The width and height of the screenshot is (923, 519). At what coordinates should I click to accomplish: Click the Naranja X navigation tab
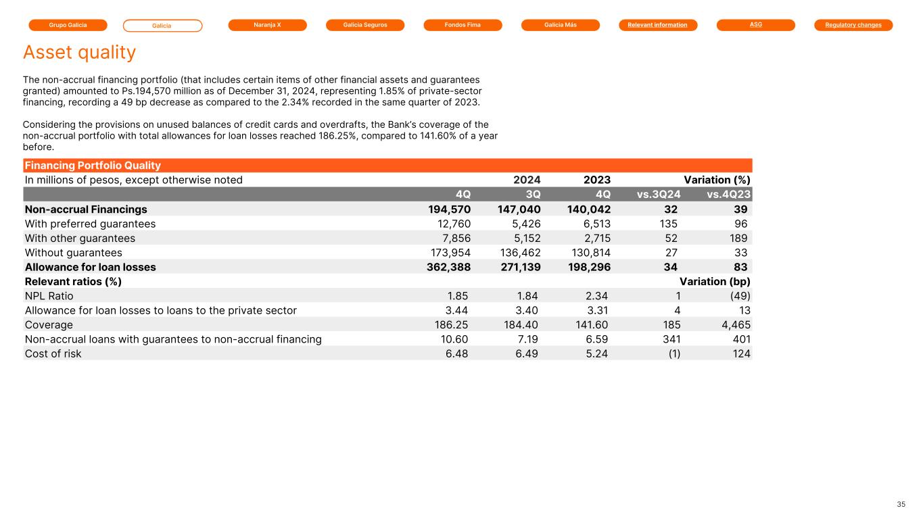pos(267,25)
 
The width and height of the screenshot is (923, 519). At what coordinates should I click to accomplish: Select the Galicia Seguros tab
pos(365,25)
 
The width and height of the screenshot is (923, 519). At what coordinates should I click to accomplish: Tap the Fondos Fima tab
pos(463,25)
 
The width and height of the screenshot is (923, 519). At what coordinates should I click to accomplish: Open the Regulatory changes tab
pos(853,25)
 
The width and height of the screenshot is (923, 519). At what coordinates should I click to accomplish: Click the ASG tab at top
pos(756,25)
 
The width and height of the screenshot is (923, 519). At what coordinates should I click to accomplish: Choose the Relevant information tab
pos(658,25)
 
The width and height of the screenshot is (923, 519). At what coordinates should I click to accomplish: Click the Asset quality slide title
pos(79,53)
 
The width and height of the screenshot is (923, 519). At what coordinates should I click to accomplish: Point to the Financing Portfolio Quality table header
pos(93,166)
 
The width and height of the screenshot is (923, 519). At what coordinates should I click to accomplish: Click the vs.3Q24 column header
pos(659,195)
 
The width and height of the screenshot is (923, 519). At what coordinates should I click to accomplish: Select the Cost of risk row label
pos(53,354)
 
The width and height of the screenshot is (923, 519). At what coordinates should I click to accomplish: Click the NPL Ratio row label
pos(49,296)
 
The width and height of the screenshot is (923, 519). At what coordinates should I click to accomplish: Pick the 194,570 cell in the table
pos(449,209)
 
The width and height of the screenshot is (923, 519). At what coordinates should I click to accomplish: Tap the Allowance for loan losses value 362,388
pos(448,268)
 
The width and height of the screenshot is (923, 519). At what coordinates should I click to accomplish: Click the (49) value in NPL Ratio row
pos(740,296)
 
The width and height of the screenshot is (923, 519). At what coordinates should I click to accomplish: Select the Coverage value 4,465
pos(736,325)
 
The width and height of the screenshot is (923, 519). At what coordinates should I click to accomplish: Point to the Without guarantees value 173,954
pos(450,253)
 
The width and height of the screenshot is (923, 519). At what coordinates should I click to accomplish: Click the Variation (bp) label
pos(715,282)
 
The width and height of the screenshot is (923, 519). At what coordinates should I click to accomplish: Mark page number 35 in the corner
pos(901,505)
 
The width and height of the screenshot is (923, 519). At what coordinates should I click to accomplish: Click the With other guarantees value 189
pos(738,239)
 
